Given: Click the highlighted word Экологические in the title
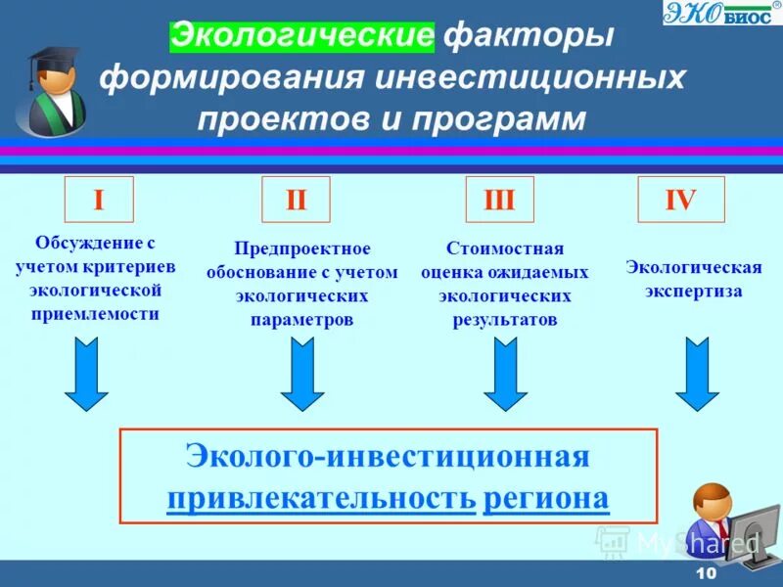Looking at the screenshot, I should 301,37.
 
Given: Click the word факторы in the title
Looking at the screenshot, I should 530,37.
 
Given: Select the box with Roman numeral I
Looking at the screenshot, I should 98,201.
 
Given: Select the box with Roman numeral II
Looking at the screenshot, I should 296,201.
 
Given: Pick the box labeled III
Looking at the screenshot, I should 499,201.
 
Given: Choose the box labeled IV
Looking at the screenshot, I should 680,201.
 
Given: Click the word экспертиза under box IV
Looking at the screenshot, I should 693,291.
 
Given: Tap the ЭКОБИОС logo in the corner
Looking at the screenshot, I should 722,13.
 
